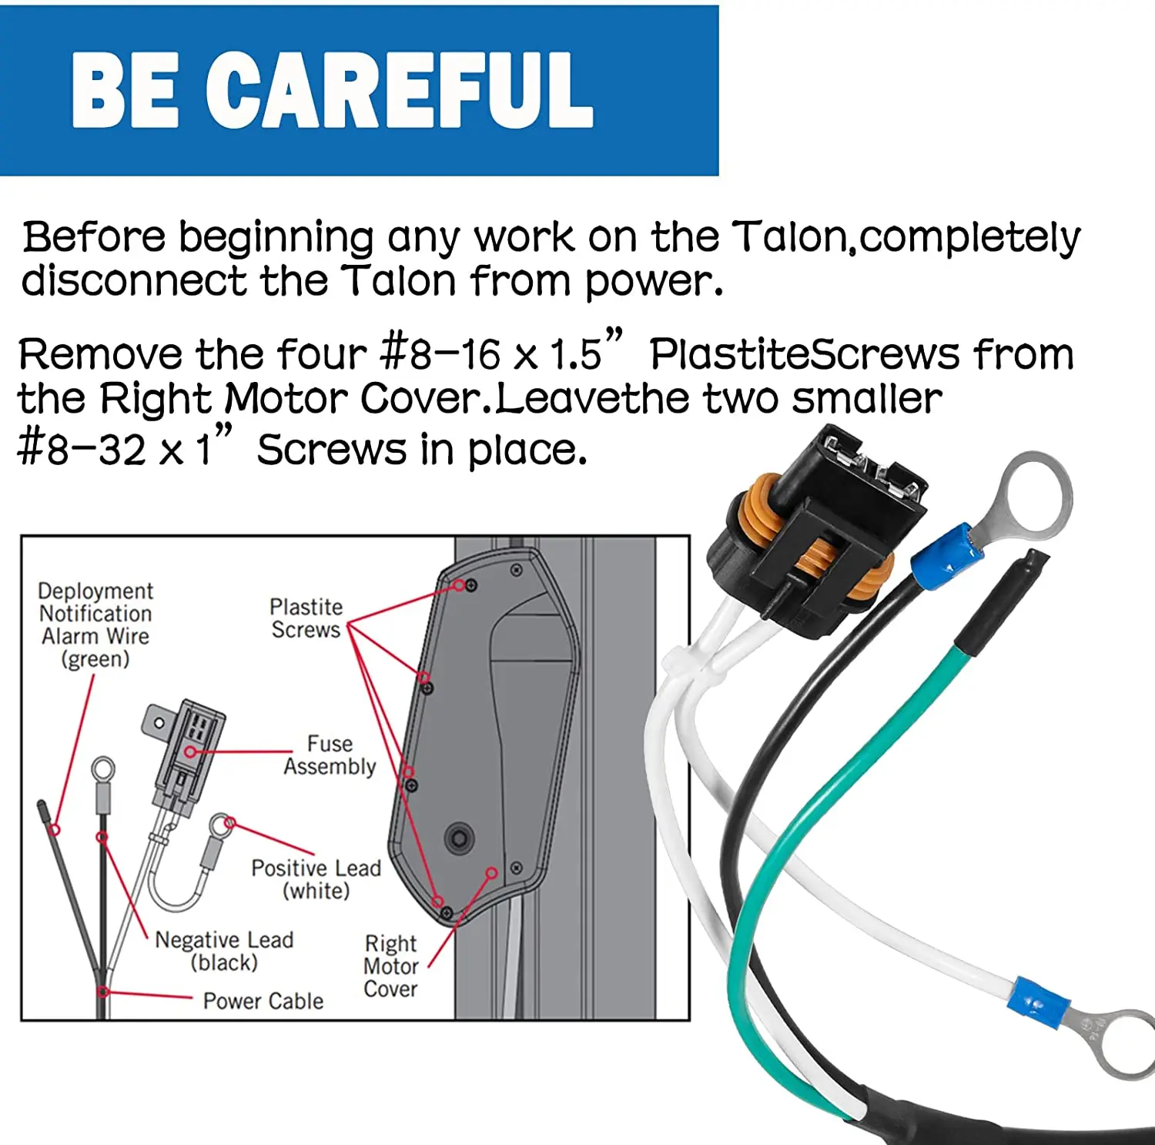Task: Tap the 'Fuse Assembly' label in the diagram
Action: (330, 755)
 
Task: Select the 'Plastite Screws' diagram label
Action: (306, 618)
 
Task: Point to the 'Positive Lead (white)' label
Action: (316, 879)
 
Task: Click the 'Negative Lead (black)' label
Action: (224, 951)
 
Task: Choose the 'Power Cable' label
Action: (263, 1000)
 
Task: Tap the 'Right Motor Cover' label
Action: (390, 966)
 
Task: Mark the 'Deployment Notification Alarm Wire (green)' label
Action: (95, 624)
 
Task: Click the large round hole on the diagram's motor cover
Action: (460, 838)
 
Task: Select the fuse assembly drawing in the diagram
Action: (185, 755)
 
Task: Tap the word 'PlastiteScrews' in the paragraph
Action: (805, 354)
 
